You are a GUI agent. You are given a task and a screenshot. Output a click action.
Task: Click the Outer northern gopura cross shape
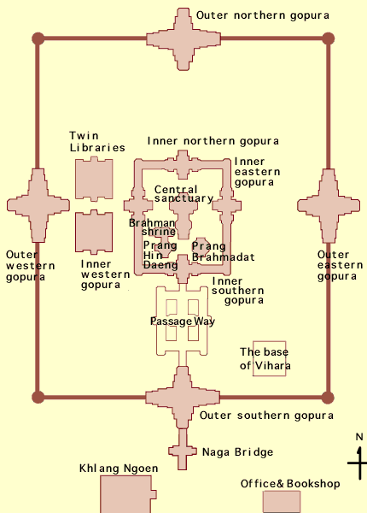pos(183,39)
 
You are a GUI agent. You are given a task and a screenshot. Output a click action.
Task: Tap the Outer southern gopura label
pos(266,416)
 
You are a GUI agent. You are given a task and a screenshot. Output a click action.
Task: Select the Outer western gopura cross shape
pos(38,205)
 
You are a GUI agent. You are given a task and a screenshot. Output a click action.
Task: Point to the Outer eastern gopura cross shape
pos(329,206)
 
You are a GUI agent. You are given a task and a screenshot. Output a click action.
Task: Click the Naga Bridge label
pos(238,452)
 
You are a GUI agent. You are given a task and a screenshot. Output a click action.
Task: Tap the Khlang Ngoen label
pos(119,469)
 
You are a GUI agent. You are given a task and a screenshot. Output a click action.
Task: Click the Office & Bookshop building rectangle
pos(282,502)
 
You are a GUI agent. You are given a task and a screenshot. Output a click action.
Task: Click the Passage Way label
pos(183,321)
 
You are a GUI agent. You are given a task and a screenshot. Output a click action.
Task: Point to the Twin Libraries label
pos(97,142)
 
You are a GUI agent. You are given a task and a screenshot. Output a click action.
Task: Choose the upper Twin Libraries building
pos(94,179)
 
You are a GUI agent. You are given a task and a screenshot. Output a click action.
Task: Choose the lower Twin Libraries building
pos(94,233)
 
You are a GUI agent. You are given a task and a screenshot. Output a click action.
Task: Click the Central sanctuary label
pos(183,194)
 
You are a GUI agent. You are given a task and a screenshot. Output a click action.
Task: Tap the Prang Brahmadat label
pos(223,251)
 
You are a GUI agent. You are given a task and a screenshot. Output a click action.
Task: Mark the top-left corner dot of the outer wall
pos(38,38)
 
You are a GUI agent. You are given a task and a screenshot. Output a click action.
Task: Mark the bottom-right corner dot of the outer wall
pos(328,398)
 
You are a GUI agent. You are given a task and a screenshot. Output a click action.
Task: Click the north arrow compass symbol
pos(359,458)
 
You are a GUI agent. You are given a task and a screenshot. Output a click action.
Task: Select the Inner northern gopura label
pos(213,141)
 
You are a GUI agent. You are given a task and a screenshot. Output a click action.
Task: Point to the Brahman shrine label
pos(153,227)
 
